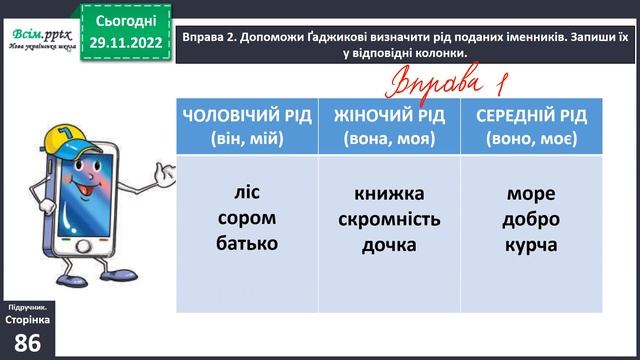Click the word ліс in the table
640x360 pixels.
pos(245,193)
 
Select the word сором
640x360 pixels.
pos(245,217)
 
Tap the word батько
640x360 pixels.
pos(245,242)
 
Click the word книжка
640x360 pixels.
pos(389,193)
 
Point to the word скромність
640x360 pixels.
pos(389,218)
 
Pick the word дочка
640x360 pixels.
pos(389,243)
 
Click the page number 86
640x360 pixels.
pos(29,340)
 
